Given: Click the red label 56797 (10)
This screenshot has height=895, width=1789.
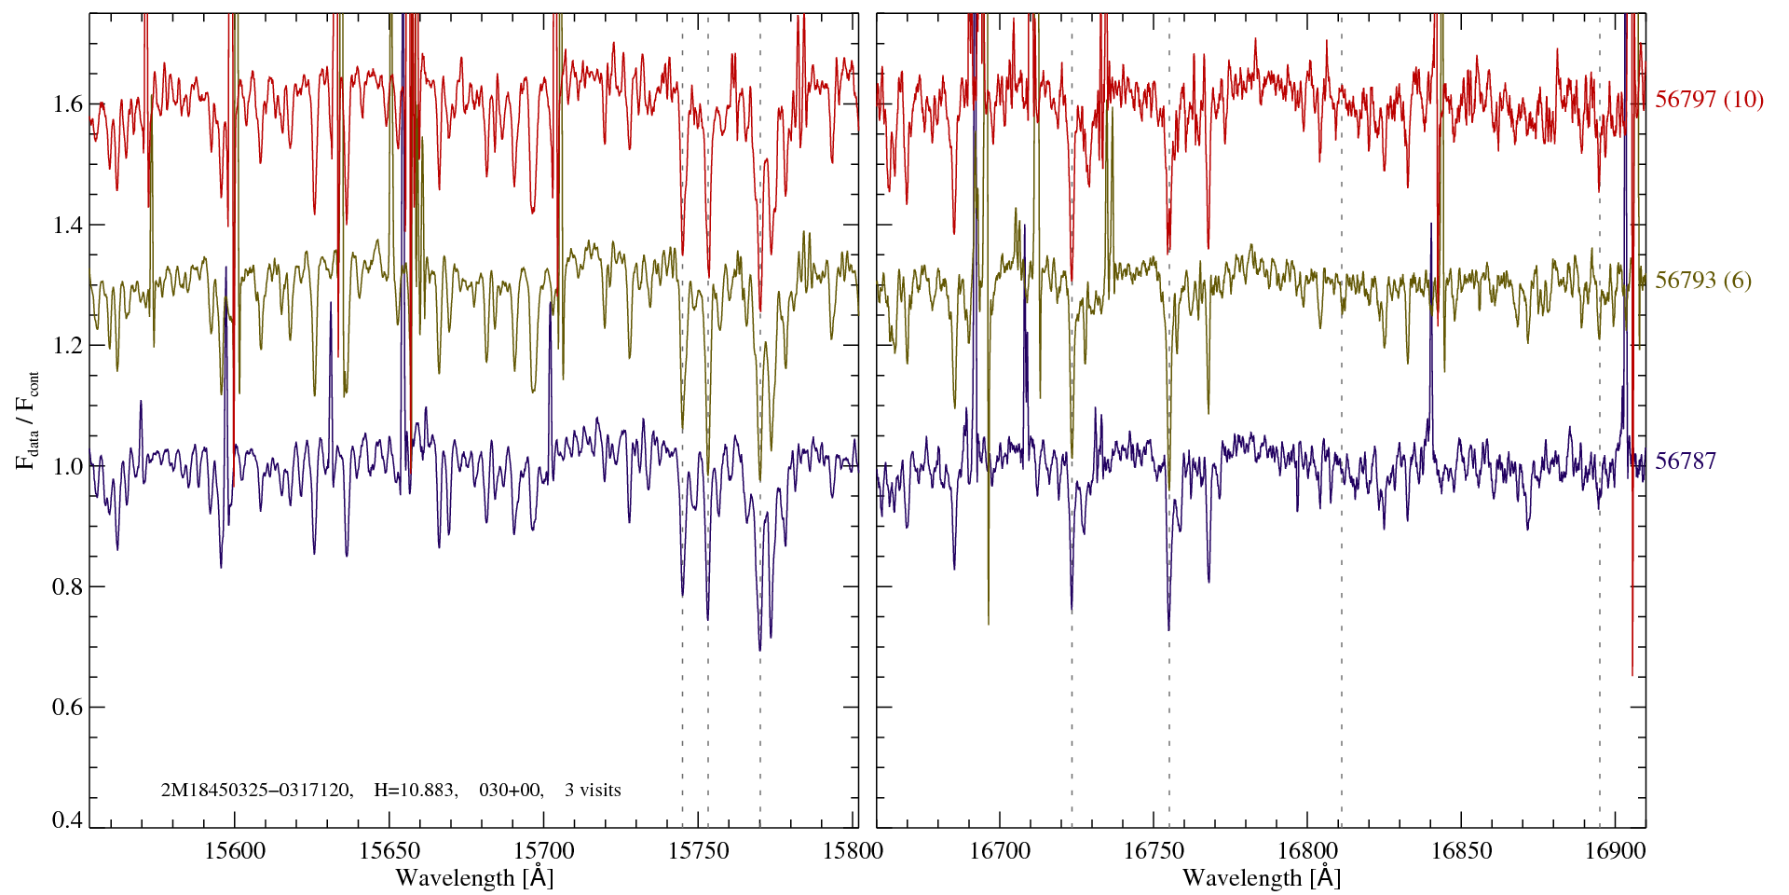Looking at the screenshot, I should [1709, 100].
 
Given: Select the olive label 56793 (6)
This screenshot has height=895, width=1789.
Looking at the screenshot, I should [1702, 281].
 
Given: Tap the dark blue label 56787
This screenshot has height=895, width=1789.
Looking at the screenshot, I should [1685, 461].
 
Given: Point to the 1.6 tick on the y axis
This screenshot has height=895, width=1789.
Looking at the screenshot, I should [69, 103].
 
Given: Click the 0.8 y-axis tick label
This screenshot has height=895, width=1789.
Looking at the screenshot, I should [69, 587].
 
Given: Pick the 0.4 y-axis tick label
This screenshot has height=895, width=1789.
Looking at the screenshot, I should [69, 820].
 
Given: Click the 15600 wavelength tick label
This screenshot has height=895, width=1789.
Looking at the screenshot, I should [235, 850].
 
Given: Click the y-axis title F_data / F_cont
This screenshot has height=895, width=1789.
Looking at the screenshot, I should [28, 420].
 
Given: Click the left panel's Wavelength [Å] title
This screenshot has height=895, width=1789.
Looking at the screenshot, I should [474, 877].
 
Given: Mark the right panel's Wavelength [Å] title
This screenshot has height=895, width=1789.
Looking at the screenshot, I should [1262, 877].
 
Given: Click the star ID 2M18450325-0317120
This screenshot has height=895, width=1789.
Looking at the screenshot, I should [256, 791].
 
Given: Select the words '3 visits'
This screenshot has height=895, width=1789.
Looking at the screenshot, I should [593, 791].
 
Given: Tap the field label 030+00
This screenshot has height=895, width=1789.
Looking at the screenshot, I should [510, 791].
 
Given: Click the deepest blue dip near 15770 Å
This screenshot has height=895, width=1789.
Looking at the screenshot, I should [759, 648].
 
